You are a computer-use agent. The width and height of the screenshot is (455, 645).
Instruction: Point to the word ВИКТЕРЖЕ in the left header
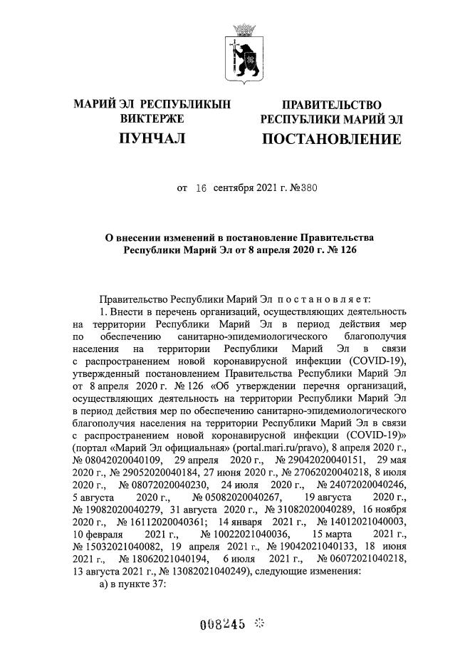[152, 118]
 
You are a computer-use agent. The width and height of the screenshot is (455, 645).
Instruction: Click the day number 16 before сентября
[200, 189]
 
